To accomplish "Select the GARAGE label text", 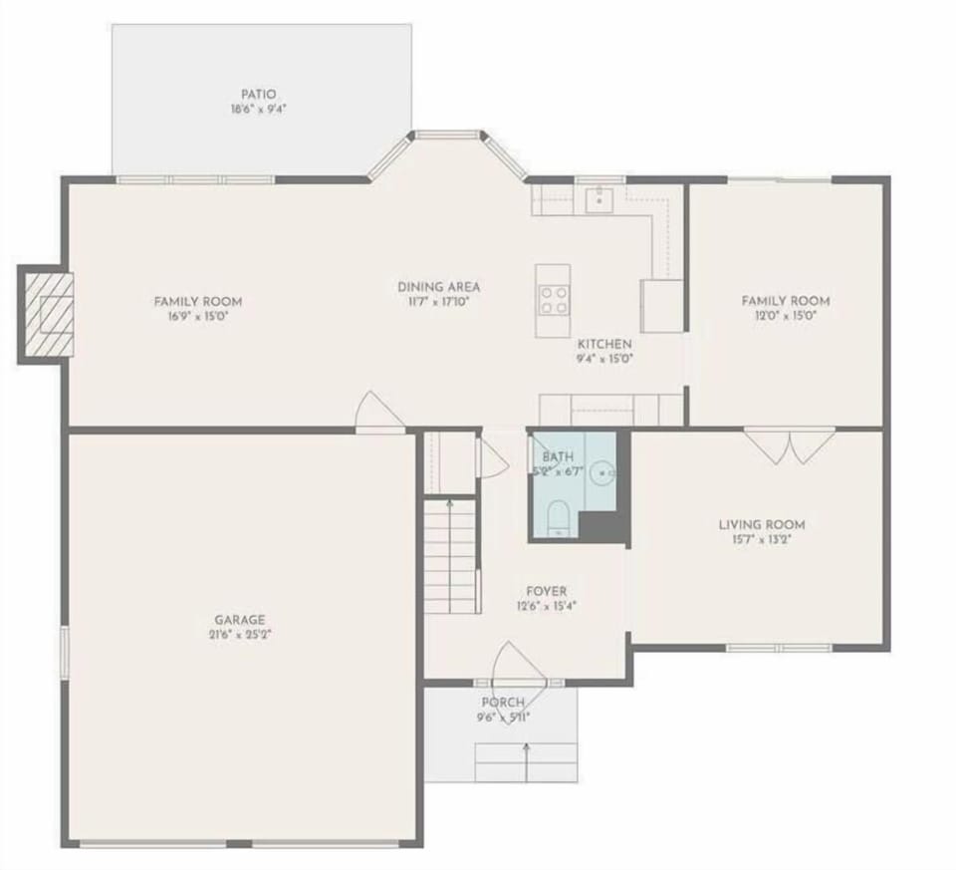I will pyautogui.click(x=238, y=619).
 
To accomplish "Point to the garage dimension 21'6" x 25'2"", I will pyautogui.click(x=238, y=634).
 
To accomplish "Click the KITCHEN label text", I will pyautogui.click(x=604, y=344).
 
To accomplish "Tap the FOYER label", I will pyautogui.click(x=547, y=591).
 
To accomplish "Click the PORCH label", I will pyautogui.click(x=503, y=703).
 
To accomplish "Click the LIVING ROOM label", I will pyautogui.click(x=762, y=525).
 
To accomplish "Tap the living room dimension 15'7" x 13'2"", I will pyautogui.click(x=762, y=540).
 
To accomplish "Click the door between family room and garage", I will pyautogui.click(x=379, y=414).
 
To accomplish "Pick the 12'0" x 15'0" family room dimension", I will pyautogui.click(x=785, y=316).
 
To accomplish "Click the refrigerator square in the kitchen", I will pyautogui.click(x=661, y=305).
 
